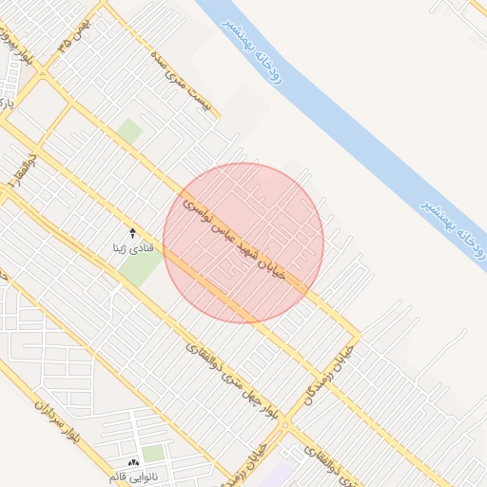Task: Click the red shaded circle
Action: tap(243, 243)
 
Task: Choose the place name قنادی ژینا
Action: tap(132, 249)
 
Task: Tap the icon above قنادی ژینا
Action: tap(132, 233)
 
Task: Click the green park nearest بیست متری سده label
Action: tap(130, 130)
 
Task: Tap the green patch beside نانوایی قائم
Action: tap(152, 454)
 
